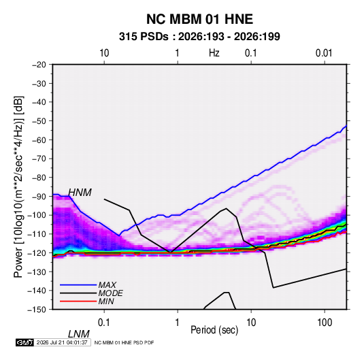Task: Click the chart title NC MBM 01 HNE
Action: click(x=199, y=19)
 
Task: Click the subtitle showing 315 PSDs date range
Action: click(x=199, y=37)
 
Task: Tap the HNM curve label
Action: click(x=80, y=193)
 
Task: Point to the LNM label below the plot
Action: click(x=79, y=334)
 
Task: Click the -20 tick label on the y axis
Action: click(x=39, y=65)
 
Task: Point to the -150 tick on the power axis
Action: click(x=37, y=310)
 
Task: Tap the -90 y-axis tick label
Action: click(x=39, y=197)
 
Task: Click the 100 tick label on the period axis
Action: click(x=325, y=323)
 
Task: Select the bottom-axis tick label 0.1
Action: click(x=104, y=323)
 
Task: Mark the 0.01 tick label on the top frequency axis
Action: click(x=324, y=53)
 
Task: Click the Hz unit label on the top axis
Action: click(x=214, y=53)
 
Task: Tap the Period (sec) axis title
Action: click(x=214, y=330)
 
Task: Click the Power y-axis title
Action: click(x=18, y=187)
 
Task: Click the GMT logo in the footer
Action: click(x=25, y=342)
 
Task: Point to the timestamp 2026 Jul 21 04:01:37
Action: click(x=62, y=342)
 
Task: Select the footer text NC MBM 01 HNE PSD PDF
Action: click(x=125, y=342)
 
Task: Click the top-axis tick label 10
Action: click(x=104, y=53)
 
